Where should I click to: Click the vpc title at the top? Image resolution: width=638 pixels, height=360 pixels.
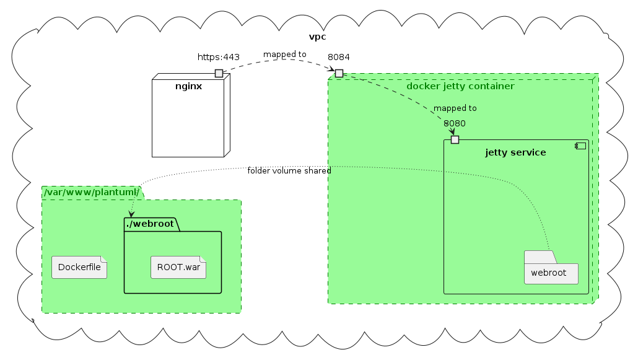317,37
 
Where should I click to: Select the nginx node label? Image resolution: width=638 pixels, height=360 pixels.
188,86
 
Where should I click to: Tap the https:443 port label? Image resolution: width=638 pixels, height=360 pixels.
218,58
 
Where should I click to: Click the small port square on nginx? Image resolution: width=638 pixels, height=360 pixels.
219,73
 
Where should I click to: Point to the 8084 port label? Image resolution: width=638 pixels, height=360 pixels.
339,58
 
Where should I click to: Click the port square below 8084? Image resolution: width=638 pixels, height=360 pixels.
339,73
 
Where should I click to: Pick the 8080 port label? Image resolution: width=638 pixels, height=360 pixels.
455,123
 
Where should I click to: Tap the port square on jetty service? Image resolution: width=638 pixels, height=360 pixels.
455,139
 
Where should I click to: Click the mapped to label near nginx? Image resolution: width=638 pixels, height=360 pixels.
284,55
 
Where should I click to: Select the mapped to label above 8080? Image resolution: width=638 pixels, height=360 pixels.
455,108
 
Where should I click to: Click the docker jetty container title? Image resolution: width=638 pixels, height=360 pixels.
460,86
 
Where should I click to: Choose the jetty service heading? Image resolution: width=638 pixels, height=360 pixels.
515,152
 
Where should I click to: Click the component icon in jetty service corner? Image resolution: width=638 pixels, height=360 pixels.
580,146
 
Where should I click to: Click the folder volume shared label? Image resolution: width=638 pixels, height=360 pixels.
289,170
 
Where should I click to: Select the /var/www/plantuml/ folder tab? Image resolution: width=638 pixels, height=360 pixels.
92,193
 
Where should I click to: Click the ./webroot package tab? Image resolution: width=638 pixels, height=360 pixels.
151,224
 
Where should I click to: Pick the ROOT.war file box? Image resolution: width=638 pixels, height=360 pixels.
178,268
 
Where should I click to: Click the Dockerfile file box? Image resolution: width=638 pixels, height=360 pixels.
79,268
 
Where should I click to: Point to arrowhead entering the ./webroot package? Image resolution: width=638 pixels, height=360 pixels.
131,213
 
